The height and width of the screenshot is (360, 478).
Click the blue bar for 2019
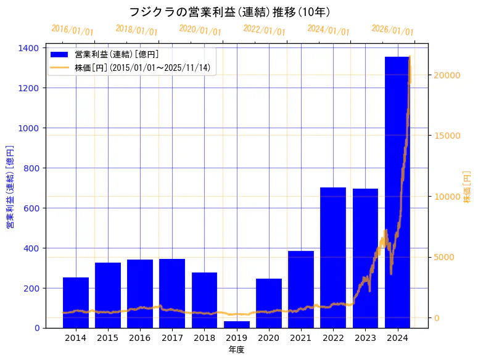coord(237,324)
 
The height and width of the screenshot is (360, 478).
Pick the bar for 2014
coord(76,303)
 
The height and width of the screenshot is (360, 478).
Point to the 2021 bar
coord(301,289)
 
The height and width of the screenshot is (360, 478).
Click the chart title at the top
coord(229,12)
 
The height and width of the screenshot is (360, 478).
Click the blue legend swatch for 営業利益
coord(60,54)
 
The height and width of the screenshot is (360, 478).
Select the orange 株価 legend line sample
coord(60,67)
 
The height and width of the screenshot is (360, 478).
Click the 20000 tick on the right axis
coord(447,75)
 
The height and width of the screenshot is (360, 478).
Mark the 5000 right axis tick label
coord(445,257)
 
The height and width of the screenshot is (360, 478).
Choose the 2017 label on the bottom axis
coord(172,338)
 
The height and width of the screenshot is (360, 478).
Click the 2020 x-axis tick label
coord(269,338)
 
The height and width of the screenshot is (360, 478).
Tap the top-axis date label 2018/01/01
coord(137,30)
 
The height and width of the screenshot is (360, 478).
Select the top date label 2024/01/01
coord(328,30)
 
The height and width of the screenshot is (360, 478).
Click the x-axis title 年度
coord(236,350)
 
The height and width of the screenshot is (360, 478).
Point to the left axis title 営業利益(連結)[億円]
coord(10,187)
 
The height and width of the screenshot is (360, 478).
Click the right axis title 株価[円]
coord(467,187)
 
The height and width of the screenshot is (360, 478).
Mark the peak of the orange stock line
coord(410,57)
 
